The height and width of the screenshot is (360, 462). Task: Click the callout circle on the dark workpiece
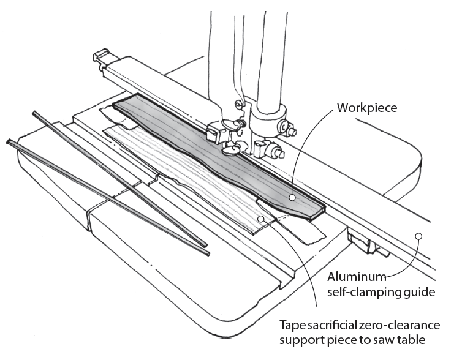pyautogui.click(x=293, y=197)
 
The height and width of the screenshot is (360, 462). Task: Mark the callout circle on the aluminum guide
pyautogui.click(x=418, y=235)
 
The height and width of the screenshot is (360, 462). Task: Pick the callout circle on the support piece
pyautogui.click(x=261, y=219)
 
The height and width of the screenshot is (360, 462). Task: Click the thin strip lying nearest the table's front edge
pyautogui.click(x=104, y=195)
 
